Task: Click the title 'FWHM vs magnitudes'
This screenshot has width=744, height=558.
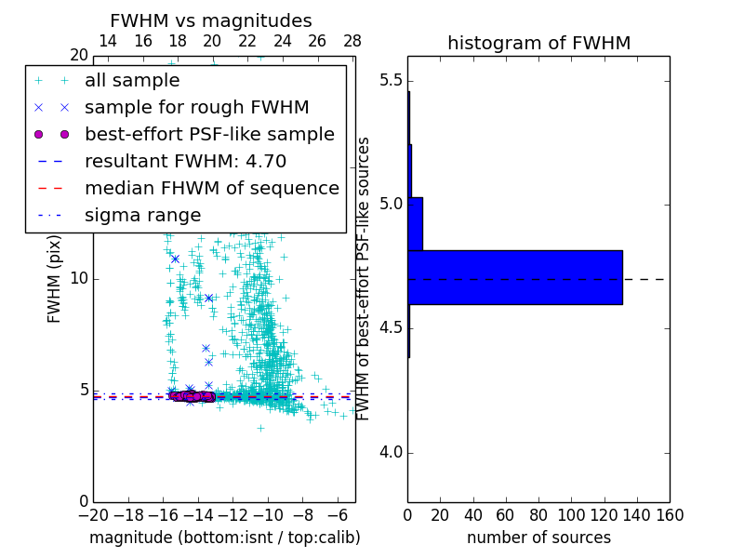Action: [210, 21]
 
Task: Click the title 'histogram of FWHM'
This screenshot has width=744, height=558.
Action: [538, 43]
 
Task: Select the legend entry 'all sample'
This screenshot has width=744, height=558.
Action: [132, 81]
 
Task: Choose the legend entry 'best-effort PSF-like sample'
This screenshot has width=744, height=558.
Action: [209, 135]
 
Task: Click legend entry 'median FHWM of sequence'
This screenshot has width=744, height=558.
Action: [211, 189]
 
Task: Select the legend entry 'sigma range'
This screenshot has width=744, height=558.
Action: [142, 216]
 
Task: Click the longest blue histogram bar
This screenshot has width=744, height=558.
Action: [514, 277]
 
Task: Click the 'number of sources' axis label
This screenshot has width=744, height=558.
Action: [538, 538]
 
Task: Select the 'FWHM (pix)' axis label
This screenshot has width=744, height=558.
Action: [55, 278]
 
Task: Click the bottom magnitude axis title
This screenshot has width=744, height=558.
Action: [224, 538]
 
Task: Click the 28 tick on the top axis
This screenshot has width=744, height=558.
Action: [352, 41]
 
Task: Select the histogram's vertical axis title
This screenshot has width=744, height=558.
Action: [364, 278]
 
